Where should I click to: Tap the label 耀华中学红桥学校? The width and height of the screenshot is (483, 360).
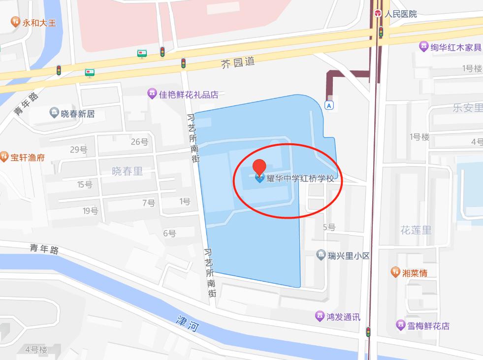tap(300, 178)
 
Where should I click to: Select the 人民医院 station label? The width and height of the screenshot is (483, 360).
tap(401, 14)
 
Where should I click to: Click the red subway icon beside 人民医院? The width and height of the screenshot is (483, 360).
tap(378, 13)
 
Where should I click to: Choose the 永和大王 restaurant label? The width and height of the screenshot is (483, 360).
tap(40, 22)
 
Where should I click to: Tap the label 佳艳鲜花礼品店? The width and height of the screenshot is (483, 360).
tap(189, 94)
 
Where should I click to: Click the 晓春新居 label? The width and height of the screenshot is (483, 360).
tap(77, 114)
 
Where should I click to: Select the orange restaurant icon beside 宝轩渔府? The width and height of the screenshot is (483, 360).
tap(4, 157)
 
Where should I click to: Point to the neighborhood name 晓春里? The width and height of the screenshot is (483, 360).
tap(128, 171)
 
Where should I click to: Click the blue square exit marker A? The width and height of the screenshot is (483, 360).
tap(329, 105)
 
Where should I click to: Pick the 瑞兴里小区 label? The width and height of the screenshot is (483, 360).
tap(349, 255)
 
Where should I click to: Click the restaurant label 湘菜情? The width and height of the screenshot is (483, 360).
tap(415, 272)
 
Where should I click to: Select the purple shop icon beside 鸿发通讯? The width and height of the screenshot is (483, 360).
tap(320, 316)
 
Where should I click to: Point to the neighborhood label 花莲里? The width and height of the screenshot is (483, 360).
tap(416, 229)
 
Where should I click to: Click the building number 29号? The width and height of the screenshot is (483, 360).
tap(79, 150)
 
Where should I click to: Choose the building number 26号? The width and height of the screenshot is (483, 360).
tap(139, 142)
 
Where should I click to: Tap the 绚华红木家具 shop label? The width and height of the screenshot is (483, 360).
tap(455, 47)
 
